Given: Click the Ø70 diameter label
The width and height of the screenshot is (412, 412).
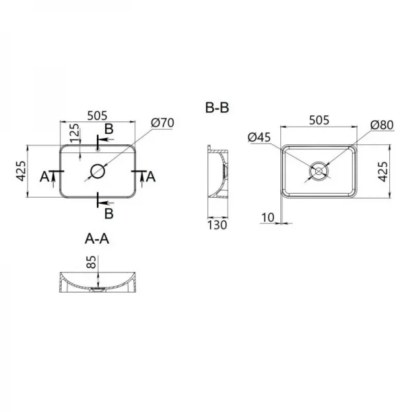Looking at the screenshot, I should pos(163,123).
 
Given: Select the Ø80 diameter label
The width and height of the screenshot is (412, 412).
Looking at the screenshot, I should pos(381,124).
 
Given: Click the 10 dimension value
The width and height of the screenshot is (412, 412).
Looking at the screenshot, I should pos(267,218).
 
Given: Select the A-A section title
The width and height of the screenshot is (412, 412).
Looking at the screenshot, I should pos(97,239).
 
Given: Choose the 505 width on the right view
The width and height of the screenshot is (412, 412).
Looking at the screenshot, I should pos(319,120).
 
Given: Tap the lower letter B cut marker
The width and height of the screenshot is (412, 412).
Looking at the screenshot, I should pos(108,212).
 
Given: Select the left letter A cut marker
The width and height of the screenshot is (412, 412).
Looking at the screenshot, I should pos(45,176).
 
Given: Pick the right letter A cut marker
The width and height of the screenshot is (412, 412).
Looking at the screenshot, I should pos(152,176).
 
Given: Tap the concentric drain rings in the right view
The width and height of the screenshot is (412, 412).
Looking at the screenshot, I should pos(319,170).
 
